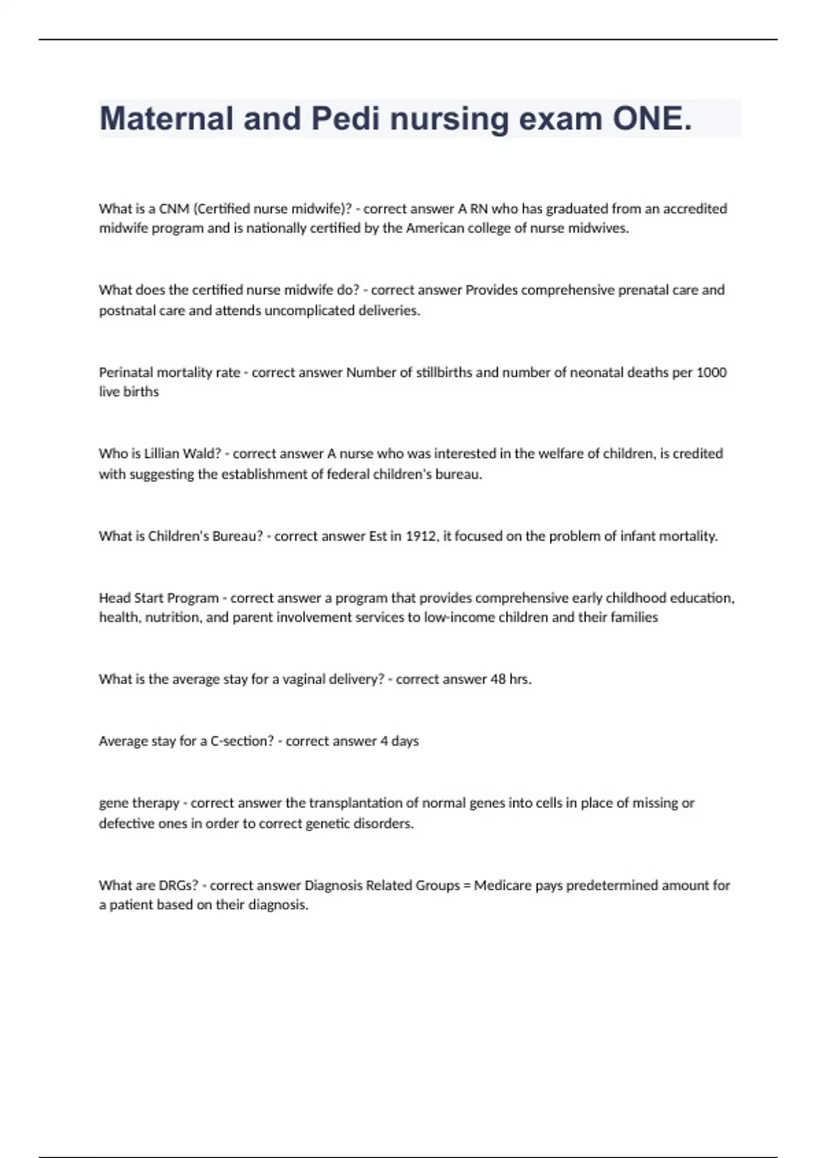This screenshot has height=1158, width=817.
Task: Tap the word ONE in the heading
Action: coord(652,119)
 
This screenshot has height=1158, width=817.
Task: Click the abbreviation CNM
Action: coord(174,208)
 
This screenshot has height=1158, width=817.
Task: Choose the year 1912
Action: coord(421,536)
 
